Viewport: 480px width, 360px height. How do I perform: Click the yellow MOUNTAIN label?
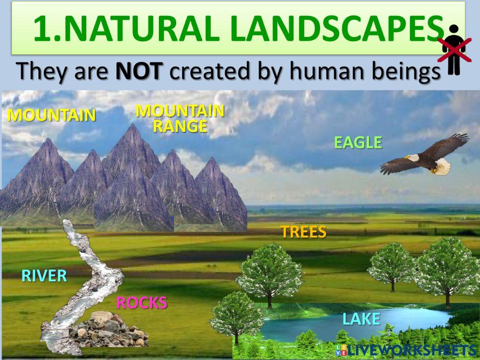pyautogui.click(x=52, y=115)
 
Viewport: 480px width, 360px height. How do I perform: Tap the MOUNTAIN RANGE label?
pyautogui.click(x=180, y=118)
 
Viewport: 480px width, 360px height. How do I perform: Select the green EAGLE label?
pyautogui.click(x=358, y=142)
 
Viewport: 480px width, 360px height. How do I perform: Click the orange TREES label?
pyautogui.click(x=303, y=232)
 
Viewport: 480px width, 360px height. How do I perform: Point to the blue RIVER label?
pyautogui.click(x=44, y=276)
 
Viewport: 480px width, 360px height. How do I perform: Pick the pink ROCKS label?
pyautogui.click(x=142, y=302)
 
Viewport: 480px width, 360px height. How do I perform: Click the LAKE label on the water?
pyautogui.click(x=361, y=318)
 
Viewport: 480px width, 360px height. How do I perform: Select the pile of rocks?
pyautogui.click(x=108, y=329)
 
